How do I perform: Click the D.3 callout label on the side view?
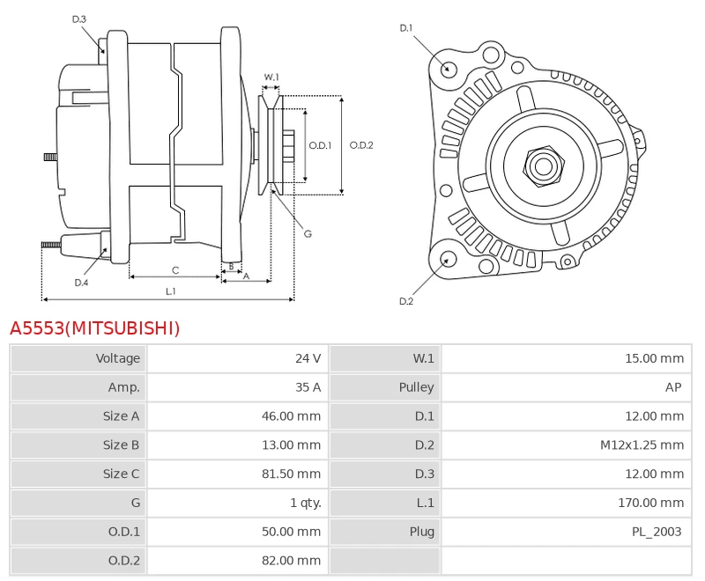[x=78, y=19]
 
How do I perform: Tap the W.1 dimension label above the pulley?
[x=271, y=77]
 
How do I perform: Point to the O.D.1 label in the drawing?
[x=320, y=145]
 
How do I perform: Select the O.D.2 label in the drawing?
[x=361, y=145]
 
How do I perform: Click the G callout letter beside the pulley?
[x=308, y=234]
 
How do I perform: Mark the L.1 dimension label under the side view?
[x=170, y=291]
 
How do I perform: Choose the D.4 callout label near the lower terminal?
[x=81, y=283]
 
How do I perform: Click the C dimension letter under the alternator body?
[x=175, y=270]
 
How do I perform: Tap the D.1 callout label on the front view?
[x=406, y=28]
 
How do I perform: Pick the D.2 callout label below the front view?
[x=406, y=301]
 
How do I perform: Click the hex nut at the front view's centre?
[x=544, y=166]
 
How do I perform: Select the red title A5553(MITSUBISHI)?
[x=95, y=328]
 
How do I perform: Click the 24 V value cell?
[x=308, y=358]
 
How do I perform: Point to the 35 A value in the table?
[x=308, y=387]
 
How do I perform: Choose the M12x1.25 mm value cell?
[x=642, y=445]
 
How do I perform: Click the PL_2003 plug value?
[x=657, y=532]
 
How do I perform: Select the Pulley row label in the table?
[x=416, y=387]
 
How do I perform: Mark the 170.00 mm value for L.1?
[x=651, y=503]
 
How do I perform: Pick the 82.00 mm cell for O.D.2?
[x=292, y=561]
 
